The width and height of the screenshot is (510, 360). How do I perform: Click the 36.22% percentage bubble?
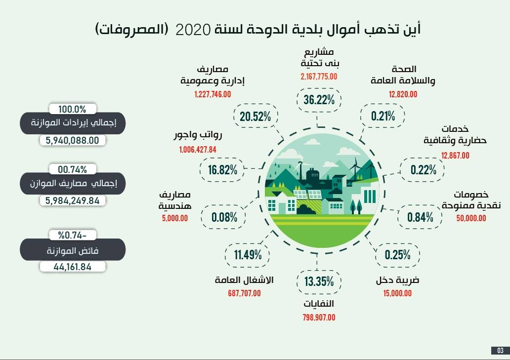(319, 100)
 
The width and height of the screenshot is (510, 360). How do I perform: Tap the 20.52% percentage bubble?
(255, 117)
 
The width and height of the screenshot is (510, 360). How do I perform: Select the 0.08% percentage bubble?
(224, 217)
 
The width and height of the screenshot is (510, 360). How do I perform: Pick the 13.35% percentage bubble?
(319, 282)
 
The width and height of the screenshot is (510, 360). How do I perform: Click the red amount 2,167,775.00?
(319, 77)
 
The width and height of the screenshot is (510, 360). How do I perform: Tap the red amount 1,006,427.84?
(198, 149)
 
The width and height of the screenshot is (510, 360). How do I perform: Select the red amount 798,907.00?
(319, 318)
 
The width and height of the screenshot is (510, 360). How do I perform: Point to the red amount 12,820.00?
(403, 94)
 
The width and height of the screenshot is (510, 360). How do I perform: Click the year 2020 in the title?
(193, 29)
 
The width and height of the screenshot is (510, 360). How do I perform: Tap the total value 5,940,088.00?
(73, 141)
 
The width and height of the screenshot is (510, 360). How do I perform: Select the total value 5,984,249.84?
(73, 201)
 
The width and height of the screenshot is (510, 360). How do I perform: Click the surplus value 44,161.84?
(73, 267)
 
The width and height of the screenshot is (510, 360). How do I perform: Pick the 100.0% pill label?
(73, 109)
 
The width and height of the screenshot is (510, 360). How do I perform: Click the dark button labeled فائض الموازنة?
(73, 250)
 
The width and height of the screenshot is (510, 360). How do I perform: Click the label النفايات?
(319, 303)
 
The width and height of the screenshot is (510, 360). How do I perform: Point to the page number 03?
(500, 351)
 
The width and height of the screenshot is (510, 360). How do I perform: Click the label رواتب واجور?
(198, 135)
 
